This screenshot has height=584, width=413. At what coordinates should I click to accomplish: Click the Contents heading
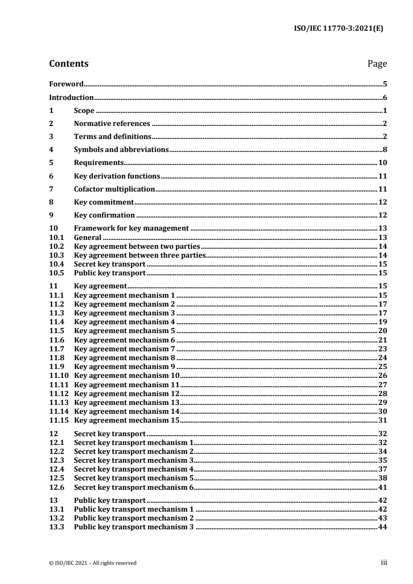[69, 64]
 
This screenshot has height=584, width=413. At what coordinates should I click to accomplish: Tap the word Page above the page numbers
[377, 64]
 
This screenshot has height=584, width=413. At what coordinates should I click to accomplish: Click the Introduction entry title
[71, 97]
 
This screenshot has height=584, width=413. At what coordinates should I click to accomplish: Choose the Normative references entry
[112, 123]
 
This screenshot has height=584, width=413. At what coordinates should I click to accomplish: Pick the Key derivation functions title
[117, 176]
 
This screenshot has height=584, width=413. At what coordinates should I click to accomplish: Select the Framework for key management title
[131, 228]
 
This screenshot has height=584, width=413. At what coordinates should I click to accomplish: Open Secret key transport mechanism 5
[134, 477]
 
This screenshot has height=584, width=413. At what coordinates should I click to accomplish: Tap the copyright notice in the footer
[93, 562]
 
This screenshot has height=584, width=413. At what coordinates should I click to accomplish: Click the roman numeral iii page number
[383, 562]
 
